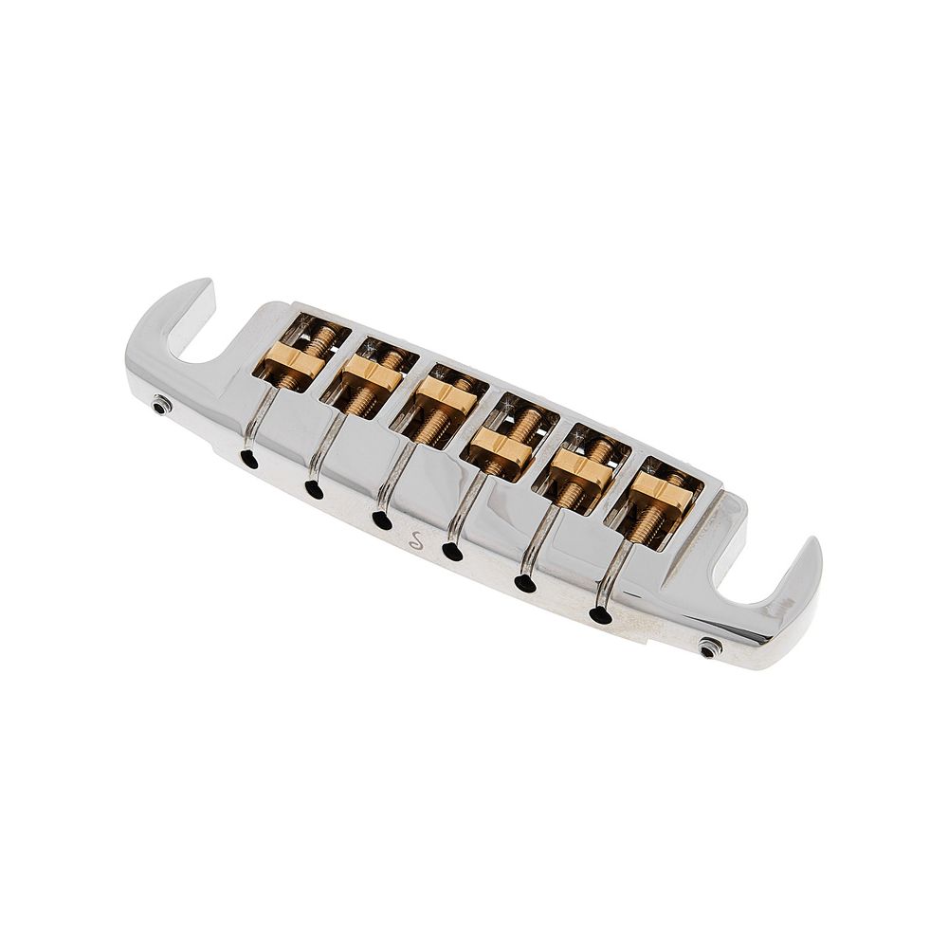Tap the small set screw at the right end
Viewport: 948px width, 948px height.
click(x=708, y=647)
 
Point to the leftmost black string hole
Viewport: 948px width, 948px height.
click(x=247, y=459)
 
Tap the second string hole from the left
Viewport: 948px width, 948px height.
click(x=313, y=489)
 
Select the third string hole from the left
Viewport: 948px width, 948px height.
click(x=381, y=520)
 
